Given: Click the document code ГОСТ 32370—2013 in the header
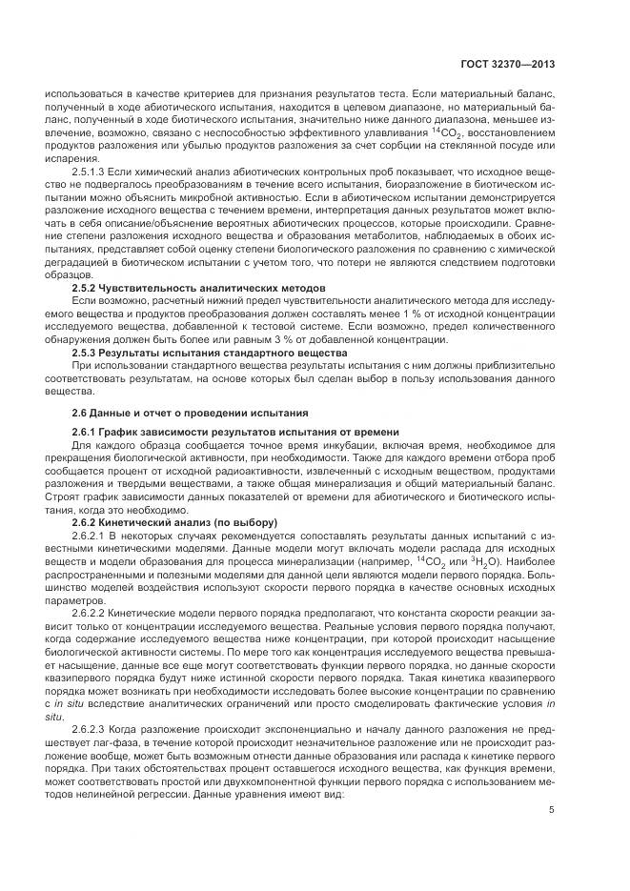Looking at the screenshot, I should tap(509, 65).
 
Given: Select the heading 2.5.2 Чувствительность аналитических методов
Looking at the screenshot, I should tap(199, 287).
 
